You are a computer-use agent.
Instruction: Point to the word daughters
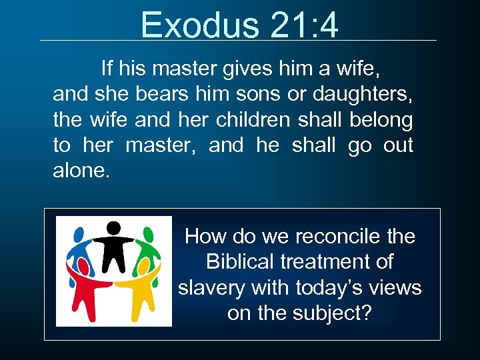click(x=369, y=94)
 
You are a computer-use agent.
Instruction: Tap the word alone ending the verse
click(x=77, y=170)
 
